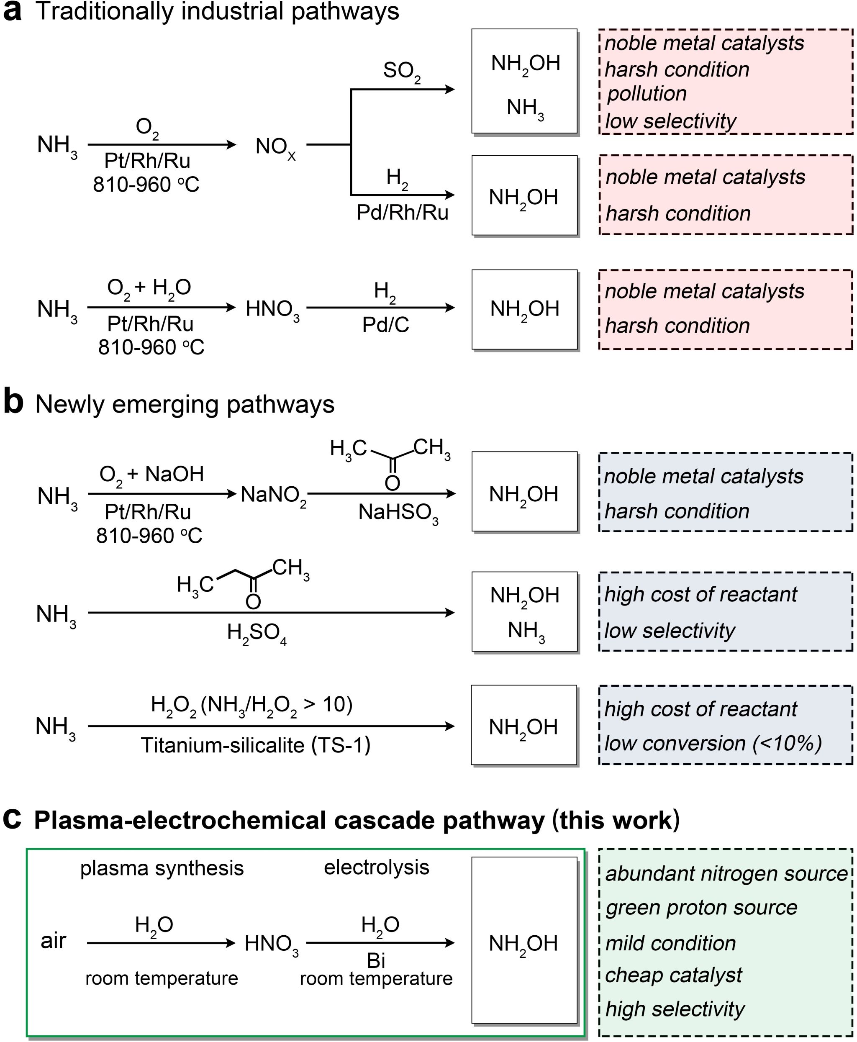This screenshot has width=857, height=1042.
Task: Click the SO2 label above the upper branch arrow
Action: [402, 72]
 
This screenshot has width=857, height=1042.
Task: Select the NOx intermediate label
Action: [275, 147]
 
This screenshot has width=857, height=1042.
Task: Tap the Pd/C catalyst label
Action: [385, 325]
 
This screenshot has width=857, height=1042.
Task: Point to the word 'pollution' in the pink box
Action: [647, 94]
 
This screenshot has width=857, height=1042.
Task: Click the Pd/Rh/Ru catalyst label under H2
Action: [402, 213]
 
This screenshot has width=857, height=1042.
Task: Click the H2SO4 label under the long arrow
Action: [257, 632]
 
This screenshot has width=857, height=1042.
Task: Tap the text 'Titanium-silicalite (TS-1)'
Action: [255, 745]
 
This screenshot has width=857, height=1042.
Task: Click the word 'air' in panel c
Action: [53, 941]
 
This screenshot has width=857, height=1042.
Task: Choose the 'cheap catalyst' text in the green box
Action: [673, 975]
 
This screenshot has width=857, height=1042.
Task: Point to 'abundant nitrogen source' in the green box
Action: [726, 874]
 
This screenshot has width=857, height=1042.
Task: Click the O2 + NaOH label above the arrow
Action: [151, 475]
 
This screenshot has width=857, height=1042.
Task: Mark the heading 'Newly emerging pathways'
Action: [185, 404]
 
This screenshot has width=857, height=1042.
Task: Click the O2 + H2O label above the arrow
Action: [149, 288]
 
